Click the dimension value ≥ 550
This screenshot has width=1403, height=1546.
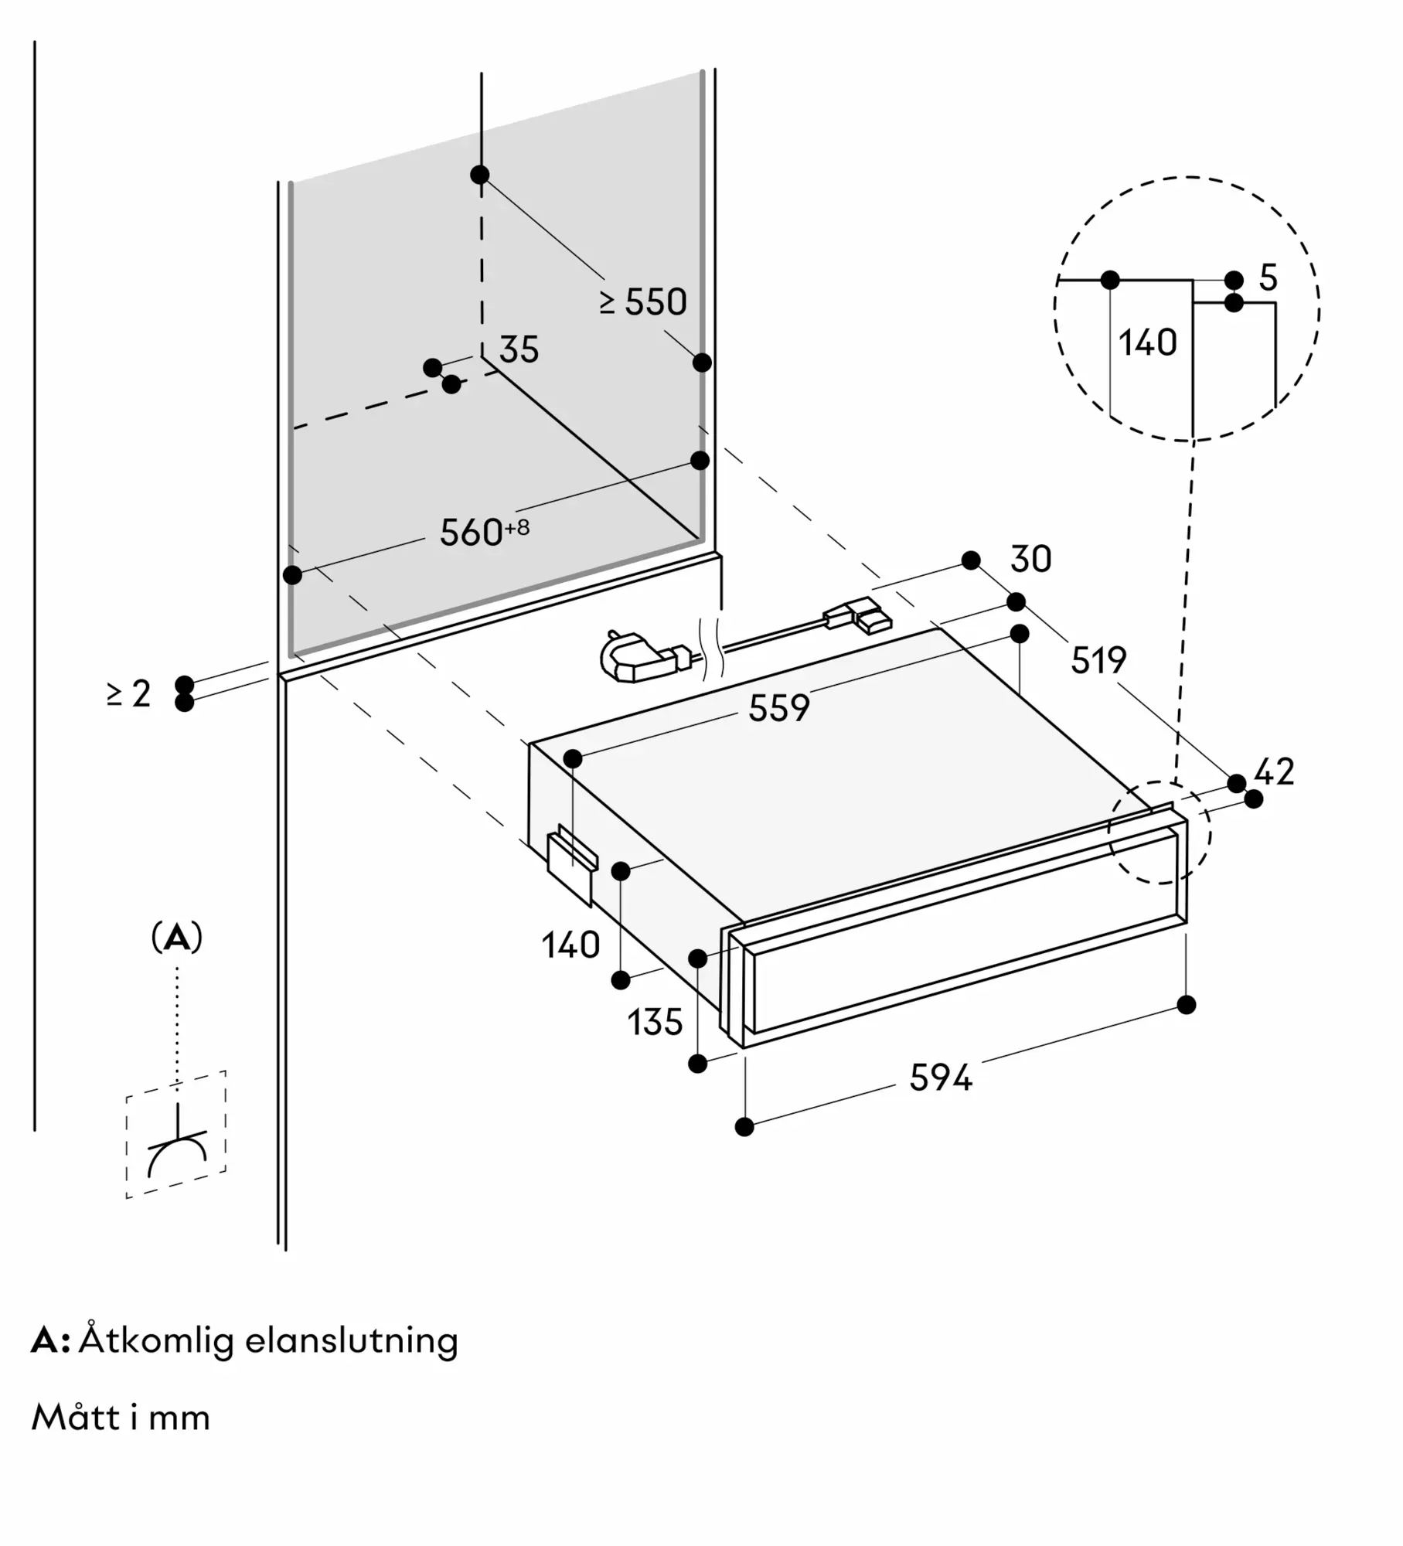tap(643, 302)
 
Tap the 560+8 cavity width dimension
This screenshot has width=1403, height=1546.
tap(484, 532)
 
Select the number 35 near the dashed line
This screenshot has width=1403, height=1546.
tap(519, 350)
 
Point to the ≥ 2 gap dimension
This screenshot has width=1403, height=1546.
tap(129, 693)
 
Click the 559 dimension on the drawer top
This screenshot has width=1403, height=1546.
tap(778, 708)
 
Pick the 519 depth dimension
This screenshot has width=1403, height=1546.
tap(1098, 660)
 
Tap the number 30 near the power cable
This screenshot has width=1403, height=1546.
tap(1030, 560)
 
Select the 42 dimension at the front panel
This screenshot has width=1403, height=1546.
tap(1274, 771)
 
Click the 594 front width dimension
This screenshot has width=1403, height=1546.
tap(940, 1078)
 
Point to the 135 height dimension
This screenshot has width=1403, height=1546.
tap(655, 1023)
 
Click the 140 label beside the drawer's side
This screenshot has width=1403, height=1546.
tap(570, 945)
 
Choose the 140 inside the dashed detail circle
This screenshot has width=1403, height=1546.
tap(1147, 342)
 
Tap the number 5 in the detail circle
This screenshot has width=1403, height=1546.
tap(1268, 278)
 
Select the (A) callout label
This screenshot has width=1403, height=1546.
tap(177, 938)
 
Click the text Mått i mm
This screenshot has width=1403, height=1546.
tap(121, 1418)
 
